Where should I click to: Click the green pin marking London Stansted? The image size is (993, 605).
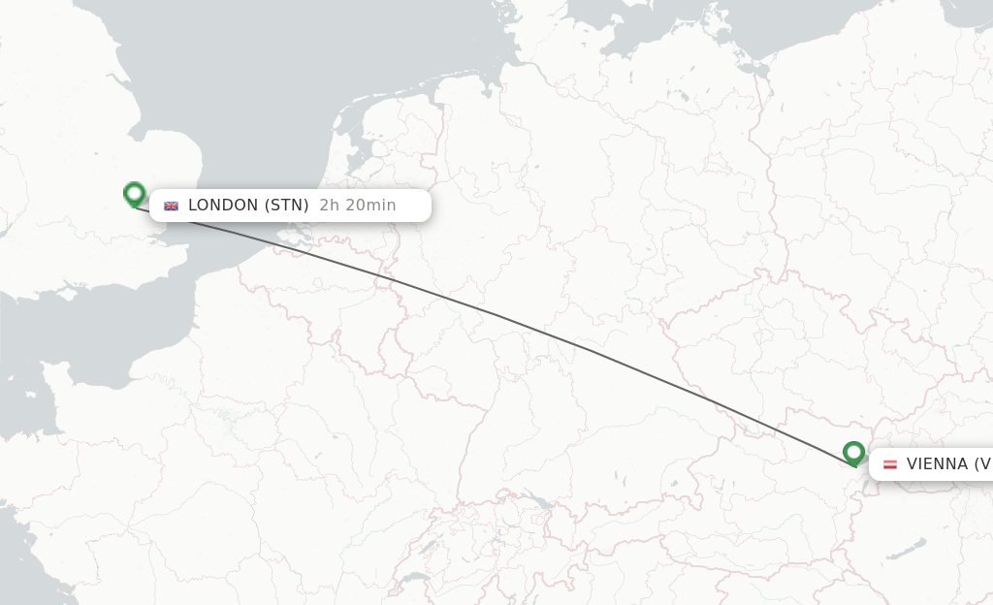(134, 194)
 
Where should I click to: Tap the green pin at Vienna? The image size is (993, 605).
(853, 453)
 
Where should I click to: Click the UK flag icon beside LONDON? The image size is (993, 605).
(172, 206)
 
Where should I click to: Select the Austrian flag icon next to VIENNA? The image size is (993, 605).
(889, 464)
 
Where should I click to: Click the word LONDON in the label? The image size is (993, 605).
(223, 206)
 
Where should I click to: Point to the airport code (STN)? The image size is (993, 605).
(286, 206)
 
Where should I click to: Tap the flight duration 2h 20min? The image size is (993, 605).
(358, 206)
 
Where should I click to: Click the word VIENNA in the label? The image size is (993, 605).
(937, 464)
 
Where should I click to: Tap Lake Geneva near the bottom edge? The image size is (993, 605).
(414, 579)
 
